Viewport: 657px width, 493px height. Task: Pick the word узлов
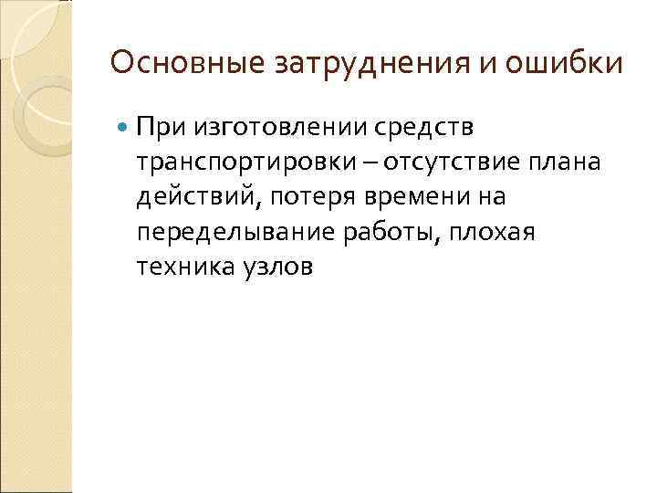(x=276, y=266)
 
